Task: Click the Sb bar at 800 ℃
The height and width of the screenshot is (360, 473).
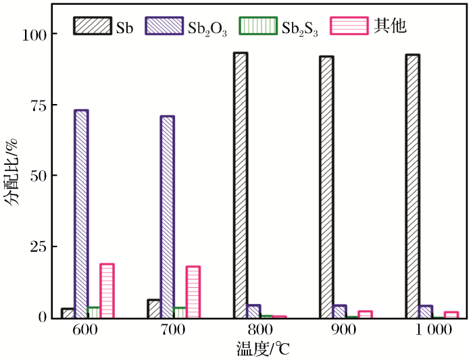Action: [x=241, y=185]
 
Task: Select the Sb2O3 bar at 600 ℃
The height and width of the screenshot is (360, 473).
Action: [x=81, y=213]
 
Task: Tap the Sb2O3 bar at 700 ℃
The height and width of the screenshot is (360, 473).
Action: [x=167, y=216]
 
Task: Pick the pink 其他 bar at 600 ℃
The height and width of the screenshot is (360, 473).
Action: [x=107, y=290]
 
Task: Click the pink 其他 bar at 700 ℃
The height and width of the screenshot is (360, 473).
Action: [x=193, y=292]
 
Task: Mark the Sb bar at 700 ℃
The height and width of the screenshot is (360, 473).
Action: [x=154, y=309]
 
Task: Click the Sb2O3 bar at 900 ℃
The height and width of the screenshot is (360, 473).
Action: [x=340, y=311]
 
